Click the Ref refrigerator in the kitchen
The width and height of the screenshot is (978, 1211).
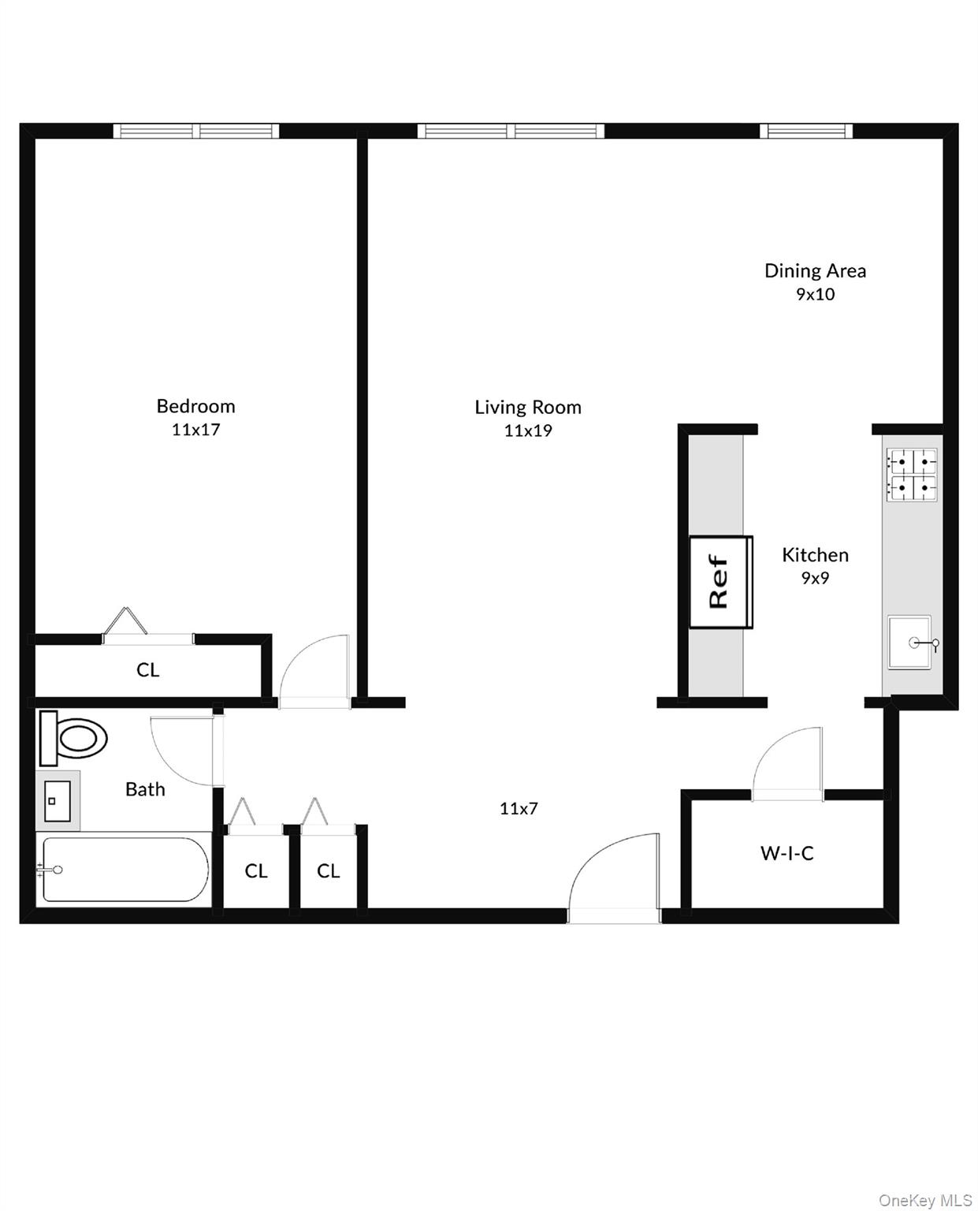(721, 582)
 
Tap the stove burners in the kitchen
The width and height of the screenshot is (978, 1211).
(913, 475)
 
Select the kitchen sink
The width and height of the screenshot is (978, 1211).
(909, 643)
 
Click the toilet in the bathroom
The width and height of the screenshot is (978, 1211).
(73, 739)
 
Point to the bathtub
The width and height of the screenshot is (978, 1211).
(125, 870)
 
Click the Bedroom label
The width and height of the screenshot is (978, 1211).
(195, 406)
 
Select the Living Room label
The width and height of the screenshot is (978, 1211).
(528, 408)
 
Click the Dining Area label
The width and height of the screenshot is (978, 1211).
(815, 271)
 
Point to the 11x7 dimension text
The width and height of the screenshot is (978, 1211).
(519, 808)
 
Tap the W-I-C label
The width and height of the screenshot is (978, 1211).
(786, 853)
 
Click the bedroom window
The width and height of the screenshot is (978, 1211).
(195, 130)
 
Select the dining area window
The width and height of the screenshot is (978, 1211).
(806, 130)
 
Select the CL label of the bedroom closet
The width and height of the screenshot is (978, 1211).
(147, 670)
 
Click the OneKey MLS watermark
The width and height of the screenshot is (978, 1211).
(925, 1200)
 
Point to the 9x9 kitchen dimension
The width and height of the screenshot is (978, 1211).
(815, 578)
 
